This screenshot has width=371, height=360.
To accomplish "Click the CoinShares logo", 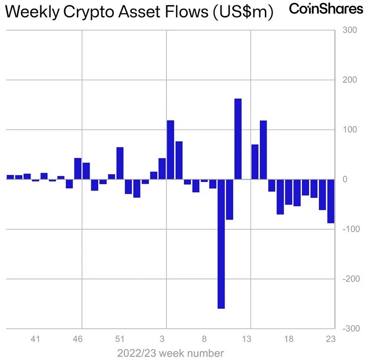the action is click(326, 9).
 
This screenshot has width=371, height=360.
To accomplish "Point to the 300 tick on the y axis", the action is click(349, 30).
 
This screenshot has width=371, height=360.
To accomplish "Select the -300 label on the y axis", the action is click(351, 328).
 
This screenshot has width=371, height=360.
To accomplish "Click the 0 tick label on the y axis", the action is click(345, 179).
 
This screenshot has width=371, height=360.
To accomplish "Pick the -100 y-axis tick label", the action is click(351, 229).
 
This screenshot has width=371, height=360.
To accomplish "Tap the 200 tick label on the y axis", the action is click(349, 80).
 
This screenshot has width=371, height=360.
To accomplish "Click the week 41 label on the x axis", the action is click(35, 339).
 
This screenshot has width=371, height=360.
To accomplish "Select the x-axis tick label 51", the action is click(120, 339).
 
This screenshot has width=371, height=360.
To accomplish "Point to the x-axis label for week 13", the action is click(246, 339).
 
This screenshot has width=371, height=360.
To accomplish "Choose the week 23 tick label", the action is click(331, 339).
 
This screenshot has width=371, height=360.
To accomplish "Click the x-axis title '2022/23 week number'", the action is click(170, 354).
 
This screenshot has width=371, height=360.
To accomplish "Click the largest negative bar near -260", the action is click(221, 244).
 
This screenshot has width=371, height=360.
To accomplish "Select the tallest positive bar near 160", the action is click(238, 139).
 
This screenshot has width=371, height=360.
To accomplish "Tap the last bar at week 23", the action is click(331, 201).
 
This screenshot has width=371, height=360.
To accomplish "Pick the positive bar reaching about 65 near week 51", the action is click(120, 163).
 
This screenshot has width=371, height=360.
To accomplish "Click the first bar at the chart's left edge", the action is click(11, 177).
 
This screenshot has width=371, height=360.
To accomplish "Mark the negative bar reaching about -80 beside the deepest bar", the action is click(230, 199).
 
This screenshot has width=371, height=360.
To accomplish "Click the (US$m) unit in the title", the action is click(243, 12).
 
